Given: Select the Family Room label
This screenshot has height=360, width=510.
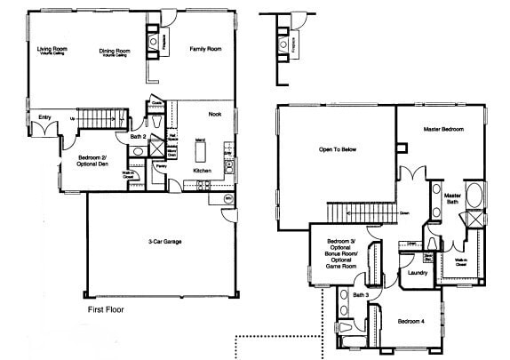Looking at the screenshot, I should (x=205, y=49).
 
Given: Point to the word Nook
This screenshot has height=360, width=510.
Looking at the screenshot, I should (x=215, y=115).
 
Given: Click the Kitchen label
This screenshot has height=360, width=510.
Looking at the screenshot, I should (x=202, y=170).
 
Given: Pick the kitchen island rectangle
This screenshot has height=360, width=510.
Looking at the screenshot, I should (x=200, y=152).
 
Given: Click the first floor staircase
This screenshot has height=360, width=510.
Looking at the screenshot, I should (x=98, y=120).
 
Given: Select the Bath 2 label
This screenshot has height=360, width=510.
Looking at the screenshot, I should (x=137, y=136).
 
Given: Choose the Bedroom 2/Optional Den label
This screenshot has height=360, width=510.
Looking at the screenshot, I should (x=88, y=161).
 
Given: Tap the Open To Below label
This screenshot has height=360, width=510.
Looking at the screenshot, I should (x=338, y=149).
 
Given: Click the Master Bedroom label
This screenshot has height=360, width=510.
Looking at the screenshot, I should (x=443, y=130).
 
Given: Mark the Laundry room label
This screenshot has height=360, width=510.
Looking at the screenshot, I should (x=418, y=273).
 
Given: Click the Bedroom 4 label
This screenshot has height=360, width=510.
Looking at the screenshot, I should (x=411, y=320).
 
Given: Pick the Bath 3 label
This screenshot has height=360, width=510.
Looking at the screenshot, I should (x=359, y=294).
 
